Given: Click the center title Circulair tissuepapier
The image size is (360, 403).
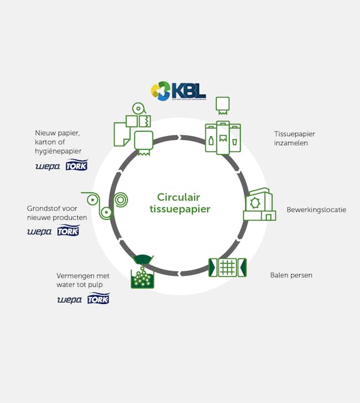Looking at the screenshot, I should (x=184, y=203).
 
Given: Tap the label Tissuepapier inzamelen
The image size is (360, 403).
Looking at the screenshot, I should (x=291, y=139).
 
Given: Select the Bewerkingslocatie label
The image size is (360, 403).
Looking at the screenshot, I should (x=316, y=210).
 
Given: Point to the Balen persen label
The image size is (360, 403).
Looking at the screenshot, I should (x=291, y=275).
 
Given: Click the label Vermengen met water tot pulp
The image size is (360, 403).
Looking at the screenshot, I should (x=83, y=280).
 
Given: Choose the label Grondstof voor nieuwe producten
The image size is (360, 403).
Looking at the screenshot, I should (x=57, y=213).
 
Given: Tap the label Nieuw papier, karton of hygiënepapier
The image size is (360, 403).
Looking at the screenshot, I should (x=62, y=142).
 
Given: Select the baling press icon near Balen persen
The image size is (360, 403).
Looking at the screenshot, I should (x=227, y=267).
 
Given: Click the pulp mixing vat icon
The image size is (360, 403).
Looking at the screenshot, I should (x=143, y=271).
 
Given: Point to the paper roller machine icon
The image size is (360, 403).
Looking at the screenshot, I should (x=106, y=203).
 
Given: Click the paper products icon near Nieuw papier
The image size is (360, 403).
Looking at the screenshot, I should (x=134, y=131).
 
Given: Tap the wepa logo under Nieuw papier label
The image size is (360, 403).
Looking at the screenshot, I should (x=47, y=167).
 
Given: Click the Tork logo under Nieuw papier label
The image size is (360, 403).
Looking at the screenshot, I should (x=77, y=165).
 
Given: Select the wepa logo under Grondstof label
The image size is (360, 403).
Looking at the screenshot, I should (x=39, y=232).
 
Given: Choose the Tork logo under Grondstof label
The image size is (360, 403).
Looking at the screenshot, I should (x=68, y=231).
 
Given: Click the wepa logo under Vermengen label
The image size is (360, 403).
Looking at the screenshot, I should (x=69, y=300).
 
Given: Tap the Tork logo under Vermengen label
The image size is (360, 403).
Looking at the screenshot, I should (x=99, y=299).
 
